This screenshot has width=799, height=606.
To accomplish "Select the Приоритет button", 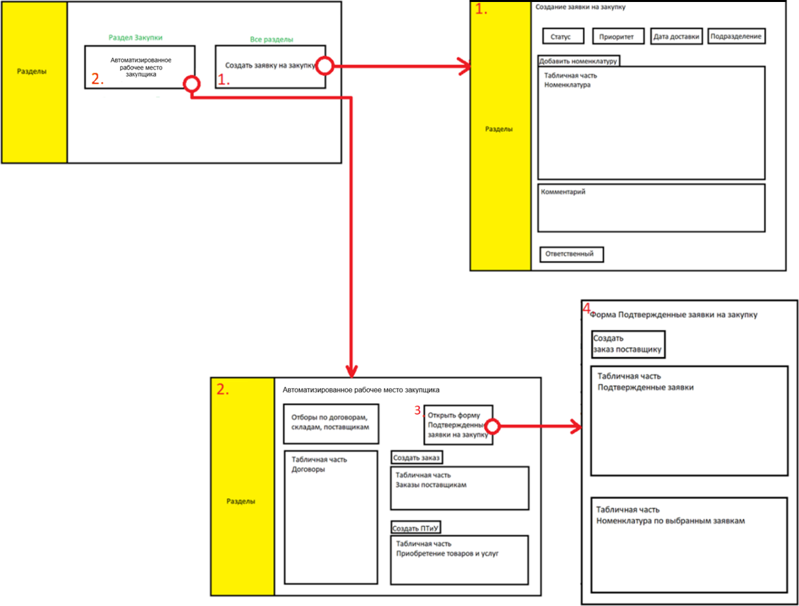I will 618,36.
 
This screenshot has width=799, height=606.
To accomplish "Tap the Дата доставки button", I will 676,36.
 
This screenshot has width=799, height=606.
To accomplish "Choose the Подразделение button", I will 737,36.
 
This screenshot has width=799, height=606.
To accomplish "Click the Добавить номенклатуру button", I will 578,61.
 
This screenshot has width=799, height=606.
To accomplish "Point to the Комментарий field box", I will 651,208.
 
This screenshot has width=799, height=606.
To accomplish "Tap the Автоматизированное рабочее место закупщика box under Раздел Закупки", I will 139,66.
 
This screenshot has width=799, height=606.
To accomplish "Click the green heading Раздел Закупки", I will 135,38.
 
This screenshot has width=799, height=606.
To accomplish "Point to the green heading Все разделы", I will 272,40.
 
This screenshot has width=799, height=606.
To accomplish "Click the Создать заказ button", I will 417,458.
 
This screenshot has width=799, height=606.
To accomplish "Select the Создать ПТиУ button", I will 417,528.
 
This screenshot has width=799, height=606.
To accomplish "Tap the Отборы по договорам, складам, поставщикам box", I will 331,423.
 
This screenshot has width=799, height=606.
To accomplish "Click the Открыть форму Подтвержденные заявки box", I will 458,425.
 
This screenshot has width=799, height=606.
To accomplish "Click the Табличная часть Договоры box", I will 331,517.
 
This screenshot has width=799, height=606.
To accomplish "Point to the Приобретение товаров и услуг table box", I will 459,560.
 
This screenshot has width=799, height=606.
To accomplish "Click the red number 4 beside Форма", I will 586,308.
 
